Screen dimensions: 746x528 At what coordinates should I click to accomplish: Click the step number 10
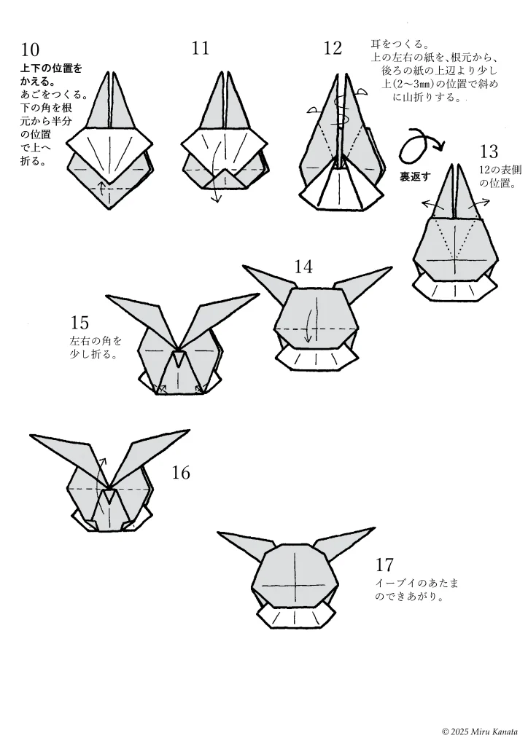tap(31, 50)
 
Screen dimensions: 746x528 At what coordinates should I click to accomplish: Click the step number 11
tap(201, 48)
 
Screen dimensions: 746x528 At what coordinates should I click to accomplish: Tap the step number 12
tap(333, 49)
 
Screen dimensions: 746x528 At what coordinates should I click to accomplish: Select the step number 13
tap(489, 152)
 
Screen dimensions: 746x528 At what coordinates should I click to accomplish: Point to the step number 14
tap(303, 267)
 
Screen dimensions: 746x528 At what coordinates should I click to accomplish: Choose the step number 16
tap(181, 473)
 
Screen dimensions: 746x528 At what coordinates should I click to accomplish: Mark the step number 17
tap(384, 565)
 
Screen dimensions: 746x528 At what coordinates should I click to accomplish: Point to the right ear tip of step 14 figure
tap(391, 268)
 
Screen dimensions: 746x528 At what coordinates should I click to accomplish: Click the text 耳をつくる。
tap(400, 44)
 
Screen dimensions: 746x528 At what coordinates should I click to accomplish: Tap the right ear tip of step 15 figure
tap(257, 295)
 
